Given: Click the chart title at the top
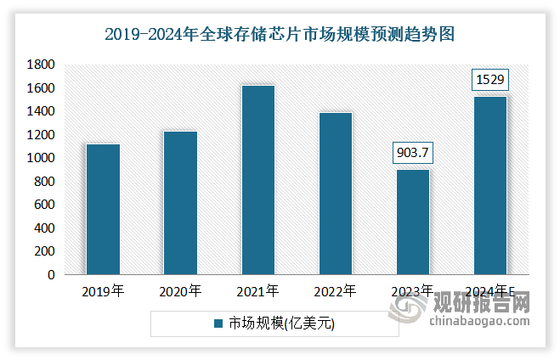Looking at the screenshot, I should pyautogui.click(x=280, y=35).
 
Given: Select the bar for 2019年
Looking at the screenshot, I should pyautogui.click(x=103, y=209).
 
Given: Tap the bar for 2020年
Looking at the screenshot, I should pyautogui.click(x=180, y=203).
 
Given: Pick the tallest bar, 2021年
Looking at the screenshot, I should pyautogui.click(x=257, y=180).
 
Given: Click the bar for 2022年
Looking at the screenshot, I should pyautogui.click(x=335, y=194).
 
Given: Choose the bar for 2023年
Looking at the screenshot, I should pyautogui.click(x=412, y=222).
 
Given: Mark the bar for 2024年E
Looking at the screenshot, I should pyautogui.click(x=489, y=185).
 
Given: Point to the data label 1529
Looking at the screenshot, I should pyautogui.click(x=489, y=81).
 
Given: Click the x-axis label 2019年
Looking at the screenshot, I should pyautogui.click(x=103, y=292).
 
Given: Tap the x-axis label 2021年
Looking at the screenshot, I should pyautogui.click(x=257, y=292).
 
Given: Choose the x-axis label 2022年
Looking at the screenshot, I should pyautogui.click(x=335, y=292).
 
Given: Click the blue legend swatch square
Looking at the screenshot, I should pyautogui.click(x=218, y=323).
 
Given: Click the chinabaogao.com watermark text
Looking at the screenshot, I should pyautogui.click(x=479, y=322).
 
